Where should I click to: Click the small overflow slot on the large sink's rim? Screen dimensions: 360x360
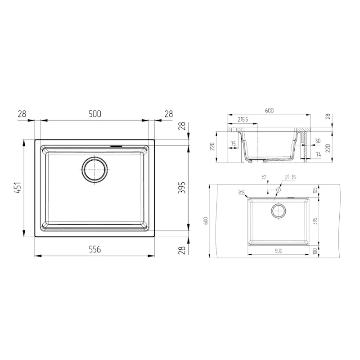[116, 146]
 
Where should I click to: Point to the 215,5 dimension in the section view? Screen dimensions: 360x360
[243, 120]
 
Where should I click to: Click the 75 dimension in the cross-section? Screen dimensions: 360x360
[233, 144]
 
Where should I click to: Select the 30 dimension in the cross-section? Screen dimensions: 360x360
[318, 141]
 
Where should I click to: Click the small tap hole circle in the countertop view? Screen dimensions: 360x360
[278, 190]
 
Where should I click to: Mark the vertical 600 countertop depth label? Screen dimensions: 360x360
[206, 220]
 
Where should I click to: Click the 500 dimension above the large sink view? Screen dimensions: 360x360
[94, 114]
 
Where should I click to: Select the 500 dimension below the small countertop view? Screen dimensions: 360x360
[278, 251]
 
